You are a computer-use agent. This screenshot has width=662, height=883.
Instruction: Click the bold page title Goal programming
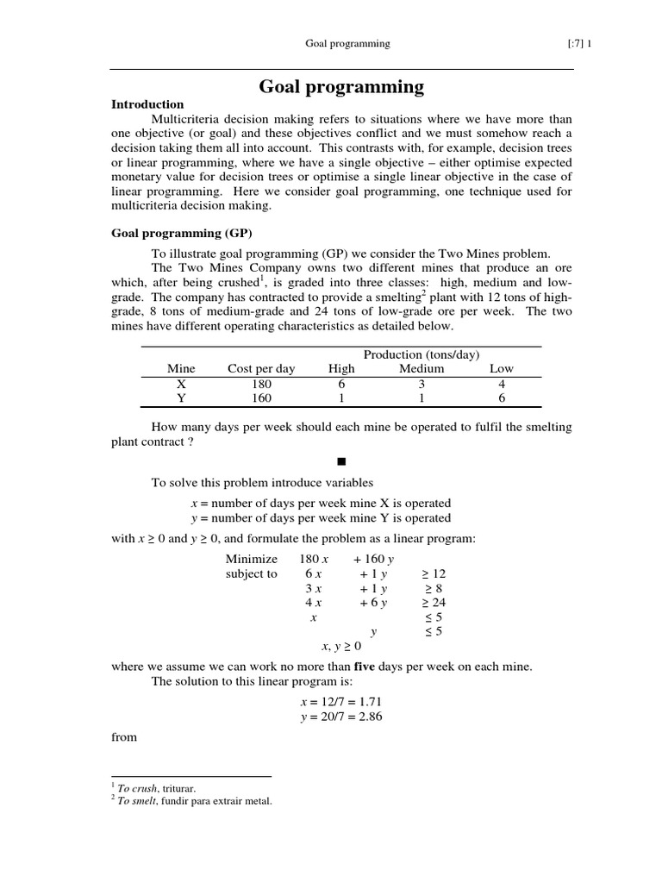pos(342,86)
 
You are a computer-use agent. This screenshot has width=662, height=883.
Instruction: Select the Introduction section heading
pos(147,104)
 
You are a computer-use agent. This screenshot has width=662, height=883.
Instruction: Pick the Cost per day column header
pos(261,368)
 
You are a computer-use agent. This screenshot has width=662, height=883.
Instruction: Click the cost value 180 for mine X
pos(261,384)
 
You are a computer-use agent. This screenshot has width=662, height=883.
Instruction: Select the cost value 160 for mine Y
pos(261,398)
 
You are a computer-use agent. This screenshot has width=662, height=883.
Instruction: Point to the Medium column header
pos(422,368)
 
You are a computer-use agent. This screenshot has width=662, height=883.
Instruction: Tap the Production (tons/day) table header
pos(422,354)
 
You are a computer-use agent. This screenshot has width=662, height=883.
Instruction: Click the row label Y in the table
pos(181,398)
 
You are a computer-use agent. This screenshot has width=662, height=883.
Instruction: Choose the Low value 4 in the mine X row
pos(501,384)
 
